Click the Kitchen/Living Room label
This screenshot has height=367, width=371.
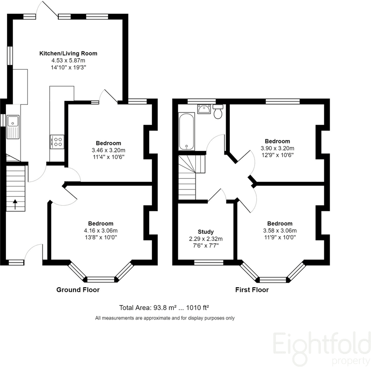click(x=68, y=53)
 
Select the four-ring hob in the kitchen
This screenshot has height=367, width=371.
click(x=57, y=142)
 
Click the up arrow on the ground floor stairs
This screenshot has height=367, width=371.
click(x=15, y=204)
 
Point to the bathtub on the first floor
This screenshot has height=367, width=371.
click(x=187, y=131)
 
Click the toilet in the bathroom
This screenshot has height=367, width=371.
click(x=218, y=112)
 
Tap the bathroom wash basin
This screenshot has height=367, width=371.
click(x=204, y=109)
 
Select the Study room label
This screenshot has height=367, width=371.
click(x=206, y=232)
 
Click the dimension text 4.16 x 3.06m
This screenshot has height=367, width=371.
click(x=101, y=230)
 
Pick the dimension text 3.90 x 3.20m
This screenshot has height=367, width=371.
click(x=277, y=148)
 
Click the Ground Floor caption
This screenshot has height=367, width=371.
click(x=78, y=290)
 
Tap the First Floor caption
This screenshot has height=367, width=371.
click(x=252, y=290)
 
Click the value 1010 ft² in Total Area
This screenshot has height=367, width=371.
click(x=197, y=307)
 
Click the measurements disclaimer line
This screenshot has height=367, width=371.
click(x=165, y=318)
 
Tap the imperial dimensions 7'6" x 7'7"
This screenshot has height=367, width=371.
click(x=206, y=246)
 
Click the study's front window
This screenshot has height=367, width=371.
click(x=209, y=262)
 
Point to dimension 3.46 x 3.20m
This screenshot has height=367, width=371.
click(x=108, y=150)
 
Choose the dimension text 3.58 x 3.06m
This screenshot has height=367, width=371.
click(x=280, y=230)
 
